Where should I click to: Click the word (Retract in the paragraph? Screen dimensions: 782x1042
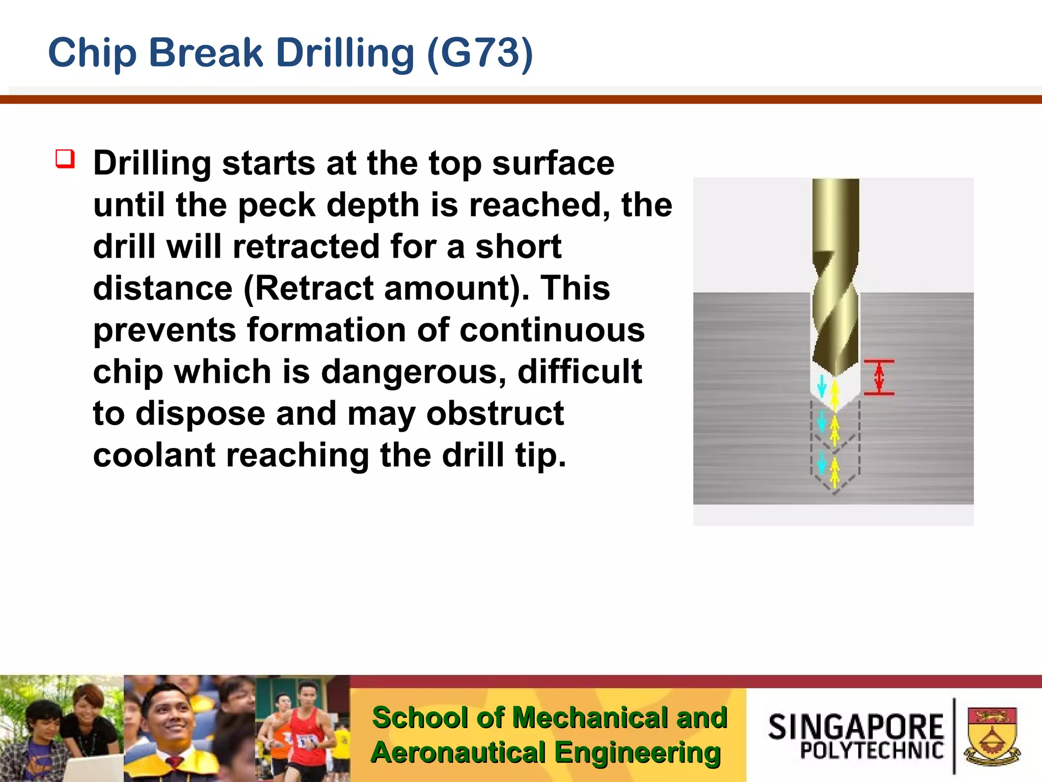308,289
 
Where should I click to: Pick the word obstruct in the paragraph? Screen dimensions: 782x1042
495,413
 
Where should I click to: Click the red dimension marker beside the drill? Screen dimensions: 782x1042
879,377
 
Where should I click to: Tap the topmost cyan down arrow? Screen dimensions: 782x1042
821,385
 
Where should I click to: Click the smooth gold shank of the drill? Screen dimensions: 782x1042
835,214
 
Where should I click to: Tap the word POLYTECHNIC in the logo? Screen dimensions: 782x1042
872,750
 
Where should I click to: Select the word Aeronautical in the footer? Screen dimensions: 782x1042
458,753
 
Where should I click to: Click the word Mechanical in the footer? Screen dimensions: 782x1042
590,718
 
